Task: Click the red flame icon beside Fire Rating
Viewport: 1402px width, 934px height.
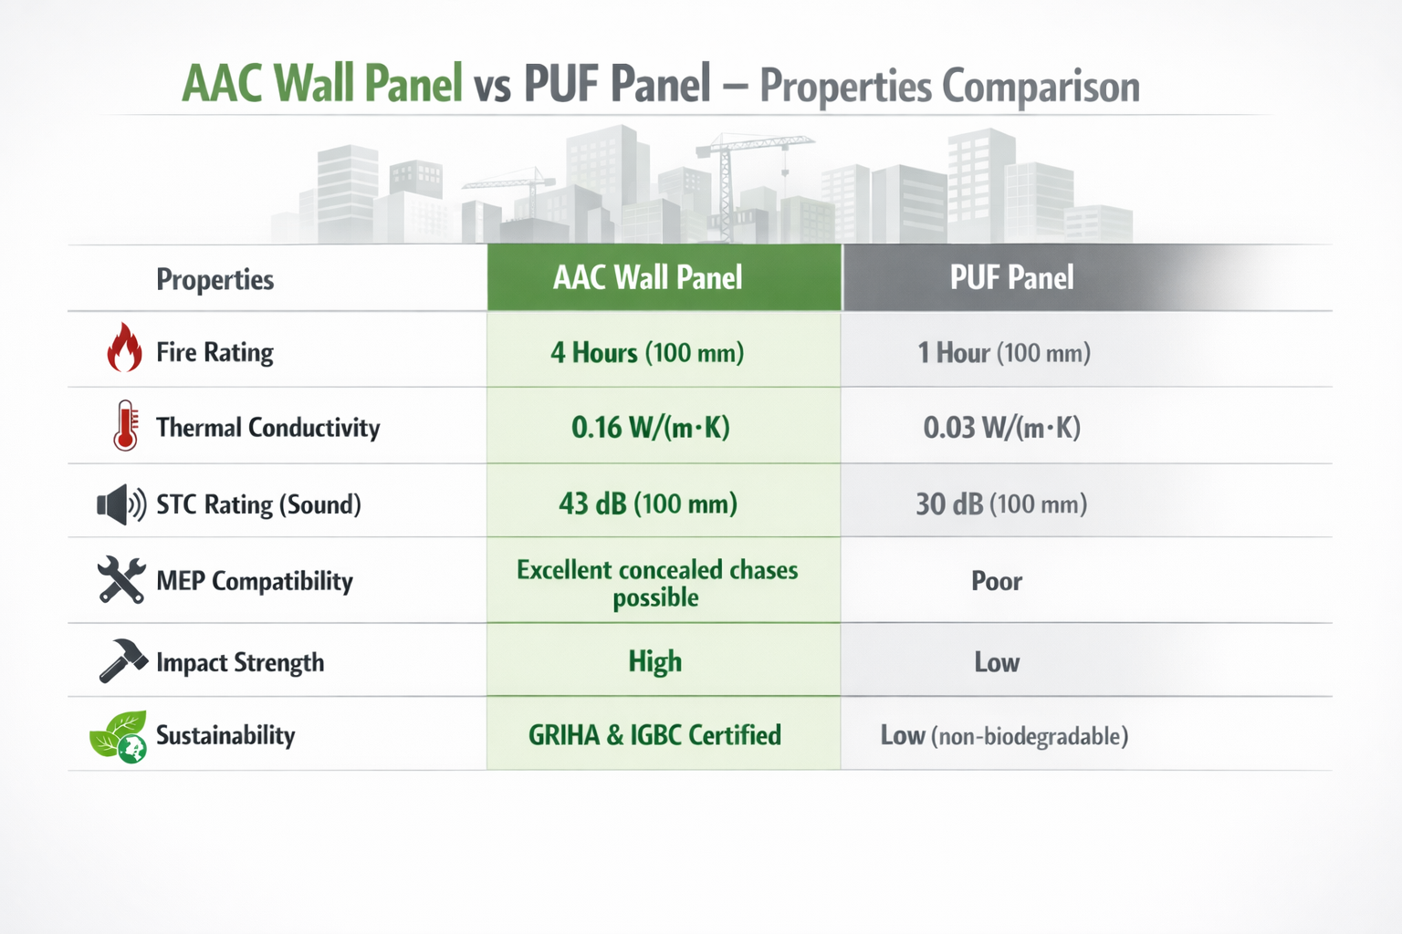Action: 124,348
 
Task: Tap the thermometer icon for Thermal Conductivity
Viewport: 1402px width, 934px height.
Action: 126,425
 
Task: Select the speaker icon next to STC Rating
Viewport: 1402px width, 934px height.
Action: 121,504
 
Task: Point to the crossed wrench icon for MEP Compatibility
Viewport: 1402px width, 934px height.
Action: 121,579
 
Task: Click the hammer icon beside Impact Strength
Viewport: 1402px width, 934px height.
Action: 123,660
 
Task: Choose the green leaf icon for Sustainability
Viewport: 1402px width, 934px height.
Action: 119,736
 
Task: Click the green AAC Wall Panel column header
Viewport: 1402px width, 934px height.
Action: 664,277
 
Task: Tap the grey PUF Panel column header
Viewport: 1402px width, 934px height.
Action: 1011,277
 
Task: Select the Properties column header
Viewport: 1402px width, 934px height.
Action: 214,279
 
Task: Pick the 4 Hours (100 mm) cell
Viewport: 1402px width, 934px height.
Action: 647,352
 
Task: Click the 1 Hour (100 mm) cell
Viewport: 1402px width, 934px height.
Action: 1004,352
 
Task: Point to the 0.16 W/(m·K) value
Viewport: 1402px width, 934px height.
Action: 650,428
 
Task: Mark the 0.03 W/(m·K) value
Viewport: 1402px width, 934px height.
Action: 1001,428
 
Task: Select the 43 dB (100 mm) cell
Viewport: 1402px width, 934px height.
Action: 648,504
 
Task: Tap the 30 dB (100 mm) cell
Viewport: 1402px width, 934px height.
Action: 1001,504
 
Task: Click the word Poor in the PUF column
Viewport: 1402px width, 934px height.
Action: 997,581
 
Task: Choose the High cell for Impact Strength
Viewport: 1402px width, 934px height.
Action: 654,661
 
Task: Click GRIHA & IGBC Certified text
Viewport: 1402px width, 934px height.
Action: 654,735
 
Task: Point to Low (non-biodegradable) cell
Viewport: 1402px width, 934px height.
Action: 1004,736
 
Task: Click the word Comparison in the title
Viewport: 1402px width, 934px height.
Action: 1041,87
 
